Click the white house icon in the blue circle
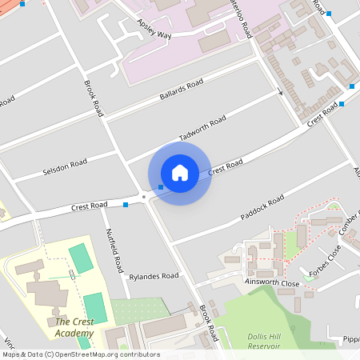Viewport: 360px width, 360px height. pyautogui.click(x=179, y=172)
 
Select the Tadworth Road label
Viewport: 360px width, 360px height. pyautogui.click(x=202, y=128)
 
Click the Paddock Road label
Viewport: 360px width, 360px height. pyautogui.click(x=262, y=208)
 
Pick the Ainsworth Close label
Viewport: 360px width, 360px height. pyautogui.click(x=273, y=283)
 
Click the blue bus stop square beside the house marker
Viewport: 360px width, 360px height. pyautogui.click(x=161, y=187)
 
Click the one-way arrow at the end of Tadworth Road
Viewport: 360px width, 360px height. pyautogui.click(x=280, y=93)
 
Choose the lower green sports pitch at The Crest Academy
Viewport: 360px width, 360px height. pyautogui.click(x=94, y=307)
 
